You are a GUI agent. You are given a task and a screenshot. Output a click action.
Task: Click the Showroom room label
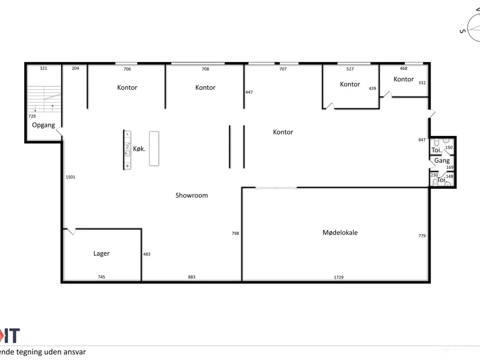tap(192, 195)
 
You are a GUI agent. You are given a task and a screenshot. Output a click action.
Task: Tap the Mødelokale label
tap(340, 232)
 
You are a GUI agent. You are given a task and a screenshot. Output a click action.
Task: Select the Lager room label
tap(101, 253)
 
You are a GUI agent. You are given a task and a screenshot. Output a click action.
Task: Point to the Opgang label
tap(43, 125)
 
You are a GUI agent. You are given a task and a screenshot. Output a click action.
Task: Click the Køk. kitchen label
tap(139, 149)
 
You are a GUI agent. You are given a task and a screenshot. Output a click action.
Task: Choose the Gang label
tap(442, 160)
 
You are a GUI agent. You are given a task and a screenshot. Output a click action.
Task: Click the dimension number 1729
tap(339, 277)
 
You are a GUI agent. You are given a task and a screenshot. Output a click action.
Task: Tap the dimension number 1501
tap(70, 177)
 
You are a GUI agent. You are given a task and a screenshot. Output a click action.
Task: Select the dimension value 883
tap(192, 277)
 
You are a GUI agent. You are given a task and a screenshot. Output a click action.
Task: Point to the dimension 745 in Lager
tap(102, 277)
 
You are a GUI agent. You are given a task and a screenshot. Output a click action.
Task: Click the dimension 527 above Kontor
tap(350, 69)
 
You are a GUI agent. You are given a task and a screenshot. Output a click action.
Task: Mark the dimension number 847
tap(422, 140)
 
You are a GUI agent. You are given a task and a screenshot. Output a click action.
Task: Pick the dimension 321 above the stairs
tap(43, 68)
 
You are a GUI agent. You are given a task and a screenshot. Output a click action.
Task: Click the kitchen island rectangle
tap(154, 148)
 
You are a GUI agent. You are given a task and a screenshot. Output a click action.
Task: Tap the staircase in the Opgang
tap(44, 99)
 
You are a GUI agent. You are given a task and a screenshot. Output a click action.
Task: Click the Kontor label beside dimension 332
tap(403, 79)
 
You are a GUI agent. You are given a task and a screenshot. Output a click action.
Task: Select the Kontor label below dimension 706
tap(127, 88)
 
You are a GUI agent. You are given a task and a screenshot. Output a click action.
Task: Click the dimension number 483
tap(147, 254)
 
